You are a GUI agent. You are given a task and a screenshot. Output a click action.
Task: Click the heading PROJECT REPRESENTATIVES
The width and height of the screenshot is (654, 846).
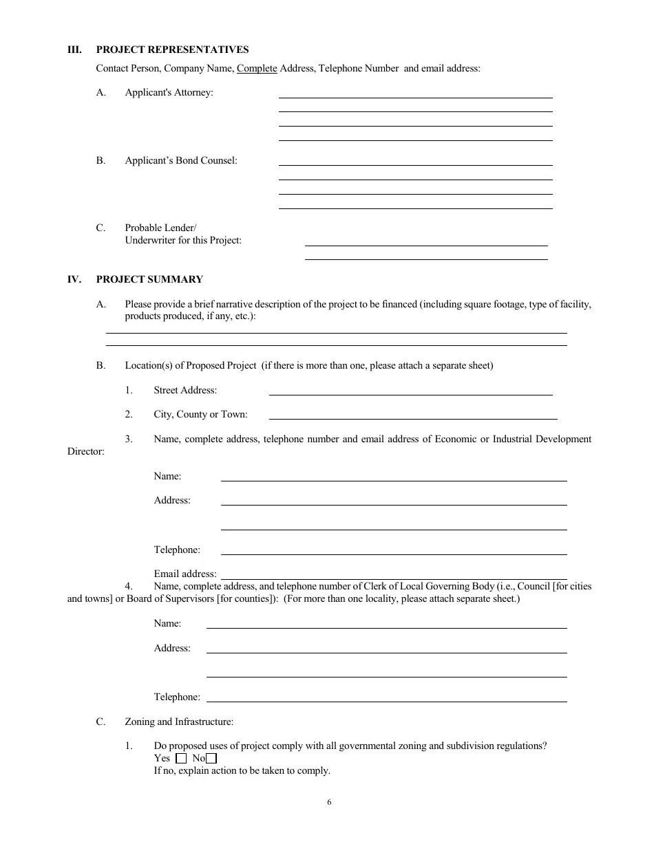(x=172, y=50)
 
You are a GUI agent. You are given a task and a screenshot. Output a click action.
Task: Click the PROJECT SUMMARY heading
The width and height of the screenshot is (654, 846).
(x=149, y=279)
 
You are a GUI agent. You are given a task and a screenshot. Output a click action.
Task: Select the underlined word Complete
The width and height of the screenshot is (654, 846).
(x=257, y=68)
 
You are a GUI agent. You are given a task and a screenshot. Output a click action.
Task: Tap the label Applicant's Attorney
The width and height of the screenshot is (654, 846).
(x=169, y=92)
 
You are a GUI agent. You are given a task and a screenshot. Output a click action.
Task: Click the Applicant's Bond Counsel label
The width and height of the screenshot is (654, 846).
(x=180, y=160)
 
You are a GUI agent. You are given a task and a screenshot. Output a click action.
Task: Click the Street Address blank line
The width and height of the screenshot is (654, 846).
(x=410, y=393)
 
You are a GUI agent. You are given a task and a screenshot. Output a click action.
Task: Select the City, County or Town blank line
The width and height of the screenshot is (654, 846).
(x=412, y=417)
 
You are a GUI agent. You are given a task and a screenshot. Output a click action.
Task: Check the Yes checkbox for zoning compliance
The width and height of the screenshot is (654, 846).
(x=181, y=759)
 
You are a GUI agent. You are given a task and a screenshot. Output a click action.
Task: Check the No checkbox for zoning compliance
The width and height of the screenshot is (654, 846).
(x=211, y=759)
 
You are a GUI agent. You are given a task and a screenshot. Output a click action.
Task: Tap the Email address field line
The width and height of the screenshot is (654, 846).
(x=393, y=578)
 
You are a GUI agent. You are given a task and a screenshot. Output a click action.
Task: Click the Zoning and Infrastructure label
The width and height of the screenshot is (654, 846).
(x=179, y=722)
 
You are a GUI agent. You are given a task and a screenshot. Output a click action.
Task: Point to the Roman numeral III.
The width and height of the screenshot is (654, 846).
(x=74, y=50)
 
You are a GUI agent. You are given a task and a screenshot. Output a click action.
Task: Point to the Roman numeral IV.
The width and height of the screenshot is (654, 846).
(x=74, y=279)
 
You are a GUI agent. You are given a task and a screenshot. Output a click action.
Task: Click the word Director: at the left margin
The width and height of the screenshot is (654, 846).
(x=86, y=452)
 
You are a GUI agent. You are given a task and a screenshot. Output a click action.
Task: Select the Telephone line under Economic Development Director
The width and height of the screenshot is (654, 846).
(x=393, y=553)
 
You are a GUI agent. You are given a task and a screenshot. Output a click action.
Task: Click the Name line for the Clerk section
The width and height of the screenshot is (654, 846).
(x=386, y=627)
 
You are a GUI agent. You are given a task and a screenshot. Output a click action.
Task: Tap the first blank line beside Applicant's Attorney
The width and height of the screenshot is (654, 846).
(x=415, y=96)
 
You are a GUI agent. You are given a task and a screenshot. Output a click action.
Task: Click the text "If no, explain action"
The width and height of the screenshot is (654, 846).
(x=207, y=770)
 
